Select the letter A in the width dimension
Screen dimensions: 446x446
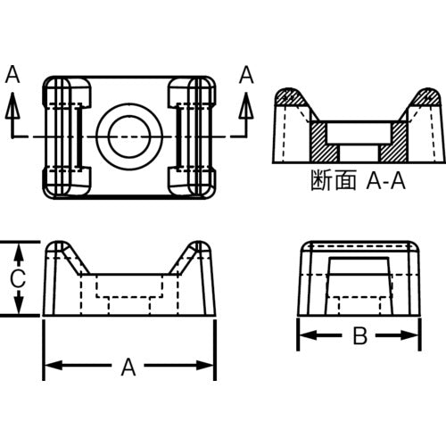pyautogui.click(x=129, y=364)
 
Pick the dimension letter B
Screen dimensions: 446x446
pyautogui.click(x=359, y=336)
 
